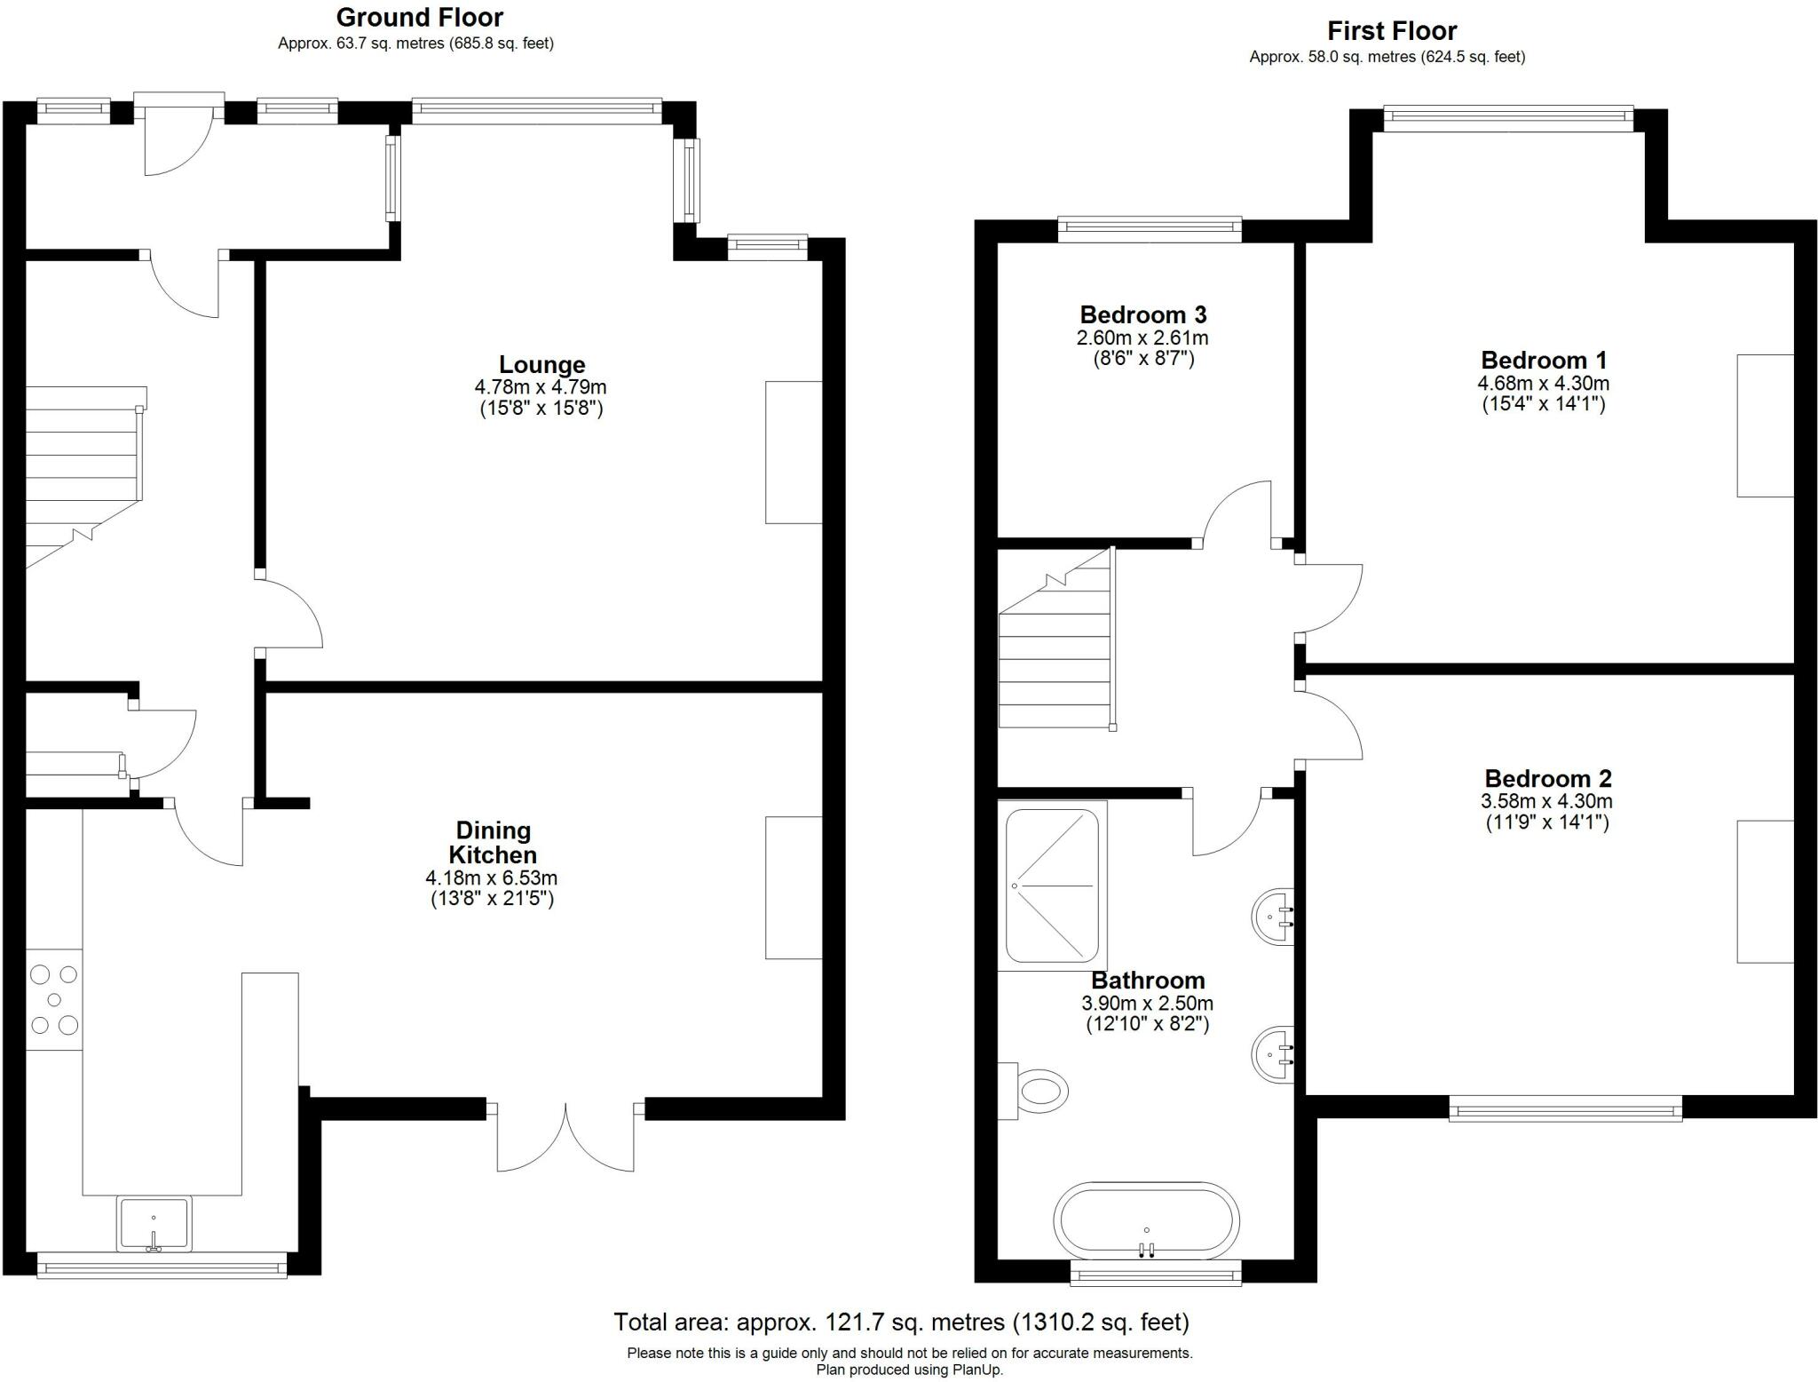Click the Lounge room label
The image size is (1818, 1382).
541,364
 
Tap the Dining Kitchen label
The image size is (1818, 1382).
493,843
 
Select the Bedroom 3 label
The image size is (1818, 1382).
1143,314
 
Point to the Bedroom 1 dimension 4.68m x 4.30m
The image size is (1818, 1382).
1544,384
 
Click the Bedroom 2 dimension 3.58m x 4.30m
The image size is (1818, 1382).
1547,801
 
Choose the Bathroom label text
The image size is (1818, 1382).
1148,981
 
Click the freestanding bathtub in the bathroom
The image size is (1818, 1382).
1147,1221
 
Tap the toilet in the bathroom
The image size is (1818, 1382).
1033,1090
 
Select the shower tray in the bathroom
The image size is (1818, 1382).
1053,886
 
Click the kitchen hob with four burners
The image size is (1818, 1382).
54,1000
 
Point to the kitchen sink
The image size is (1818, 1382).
154,1224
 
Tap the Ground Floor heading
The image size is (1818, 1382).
419,18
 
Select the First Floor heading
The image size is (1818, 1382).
1392,31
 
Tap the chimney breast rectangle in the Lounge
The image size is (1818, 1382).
794,452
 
